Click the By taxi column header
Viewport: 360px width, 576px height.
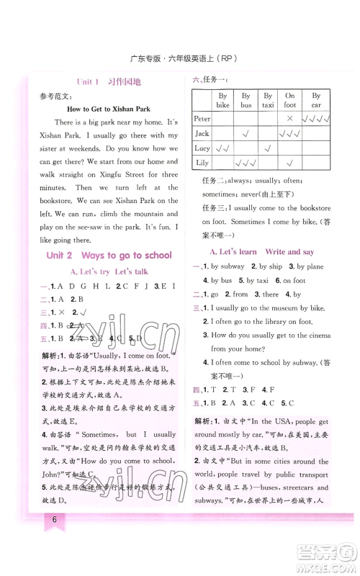[x=267, y=100]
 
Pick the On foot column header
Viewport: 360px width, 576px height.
[x=290, y=100]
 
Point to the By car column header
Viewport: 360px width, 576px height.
[x=316, y=100]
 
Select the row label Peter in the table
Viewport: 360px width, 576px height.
[x=202, y=117]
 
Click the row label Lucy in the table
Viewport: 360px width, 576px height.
[x=202, y=148]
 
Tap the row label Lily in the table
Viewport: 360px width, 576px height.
[x=202, y=163]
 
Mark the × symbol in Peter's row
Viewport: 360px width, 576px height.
[x=290, y=117]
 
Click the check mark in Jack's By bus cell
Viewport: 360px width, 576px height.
[x=246, y=133]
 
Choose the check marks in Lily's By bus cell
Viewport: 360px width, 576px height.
[x=246, y=163]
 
